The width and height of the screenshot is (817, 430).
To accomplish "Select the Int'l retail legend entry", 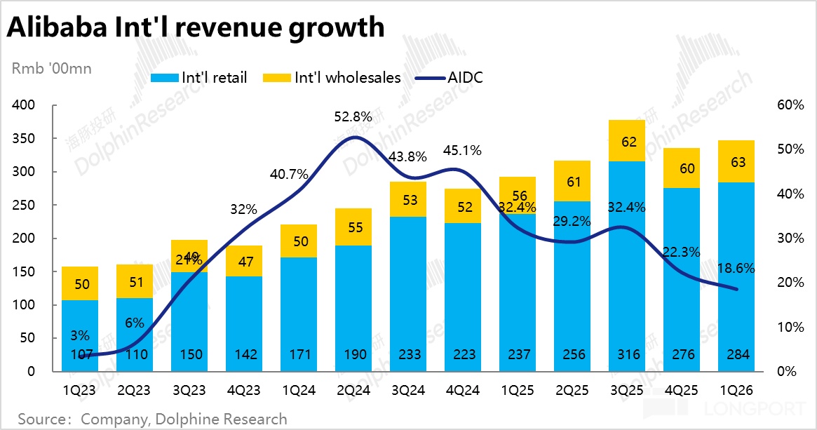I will [200, 77].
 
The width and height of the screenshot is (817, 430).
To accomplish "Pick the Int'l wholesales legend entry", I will [332, 77].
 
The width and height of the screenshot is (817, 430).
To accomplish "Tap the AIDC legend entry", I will [456, 77].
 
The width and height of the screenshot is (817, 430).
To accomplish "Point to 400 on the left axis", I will [25, 105].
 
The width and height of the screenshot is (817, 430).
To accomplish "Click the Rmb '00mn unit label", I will [51, 69].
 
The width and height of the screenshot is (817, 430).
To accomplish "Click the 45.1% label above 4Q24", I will [464, 149].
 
